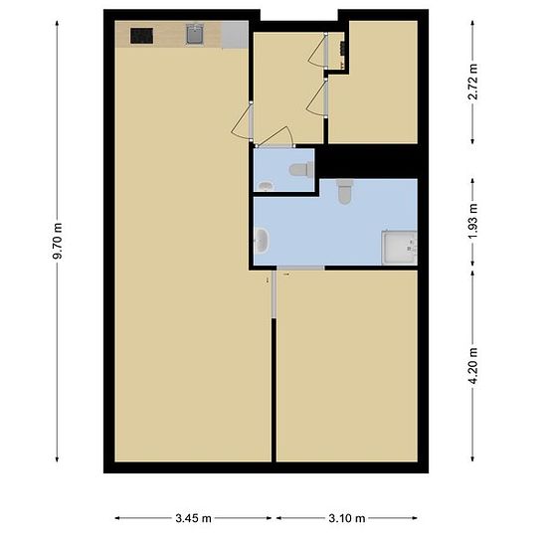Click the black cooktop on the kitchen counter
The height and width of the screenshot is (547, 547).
pos(141,36)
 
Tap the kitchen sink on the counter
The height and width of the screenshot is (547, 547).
pos(195,34)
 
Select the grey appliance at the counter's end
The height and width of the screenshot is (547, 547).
pos(235,35)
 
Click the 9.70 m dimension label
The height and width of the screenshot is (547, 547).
pos(58,241)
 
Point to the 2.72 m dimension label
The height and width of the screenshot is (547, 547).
pos(472,82)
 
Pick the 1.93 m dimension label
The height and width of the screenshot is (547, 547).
pos(472,222)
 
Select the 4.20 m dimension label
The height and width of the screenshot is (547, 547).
pos(472,366)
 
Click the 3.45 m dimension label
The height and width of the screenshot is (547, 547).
pos(193,518)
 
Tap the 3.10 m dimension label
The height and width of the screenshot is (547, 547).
pos(347,518)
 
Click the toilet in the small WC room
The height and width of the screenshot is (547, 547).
pos(301,169)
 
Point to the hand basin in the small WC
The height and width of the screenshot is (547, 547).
pos(267,186)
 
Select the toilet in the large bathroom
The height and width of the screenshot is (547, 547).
pos(345,191)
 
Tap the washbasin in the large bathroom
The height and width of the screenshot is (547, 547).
pos(262,241)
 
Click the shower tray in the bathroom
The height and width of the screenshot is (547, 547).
pos(399,248)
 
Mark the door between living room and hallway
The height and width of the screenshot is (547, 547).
pos(242,121)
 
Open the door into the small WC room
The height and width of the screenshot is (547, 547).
pos(275,137)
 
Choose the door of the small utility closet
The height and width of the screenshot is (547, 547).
pos(318,50)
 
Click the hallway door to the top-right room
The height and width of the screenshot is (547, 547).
pos(316,98)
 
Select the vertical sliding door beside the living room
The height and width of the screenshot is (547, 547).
pos(273,294)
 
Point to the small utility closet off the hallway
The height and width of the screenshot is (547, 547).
pos(336,51)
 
